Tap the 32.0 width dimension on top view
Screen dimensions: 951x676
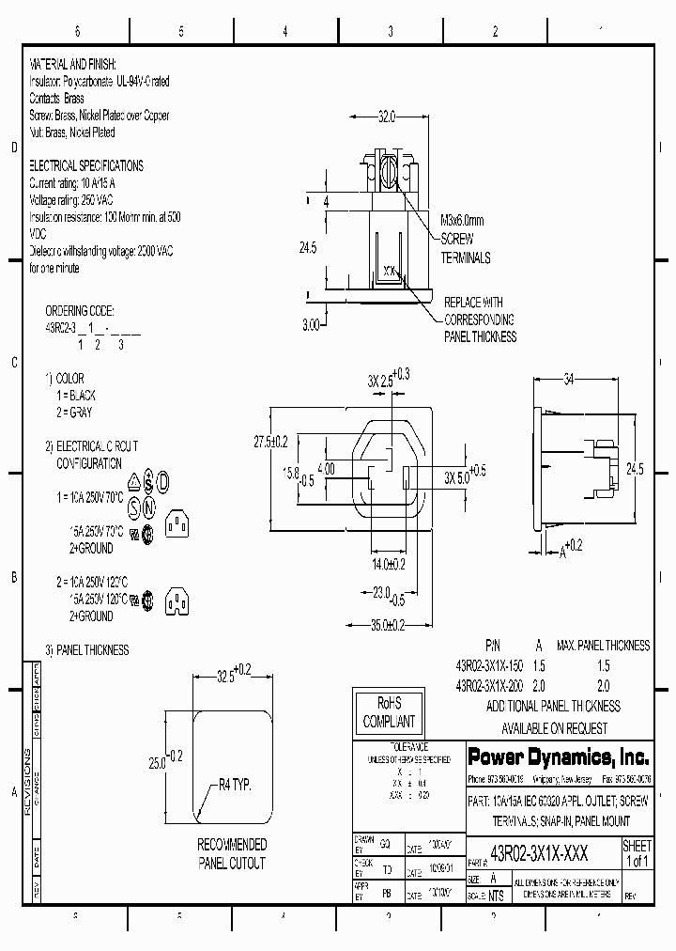(387, 117)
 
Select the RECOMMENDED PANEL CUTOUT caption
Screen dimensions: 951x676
(232, 854)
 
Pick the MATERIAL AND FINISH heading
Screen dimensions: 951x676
(72, 65)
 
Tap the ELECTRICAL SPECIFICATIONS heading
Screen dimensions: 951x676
(86, 165)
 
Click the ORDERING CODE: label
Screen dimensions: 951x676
(79, 310)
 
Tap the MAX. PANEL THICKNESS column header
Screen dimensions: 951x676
(603, 646)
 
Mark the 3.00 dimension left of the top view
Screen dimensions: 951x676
(312, 324)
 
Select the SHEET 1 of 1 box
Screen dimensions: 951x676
(637, 853)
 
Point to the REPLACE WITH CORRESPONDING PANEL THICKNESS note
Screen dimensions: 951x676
(480, 320)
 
